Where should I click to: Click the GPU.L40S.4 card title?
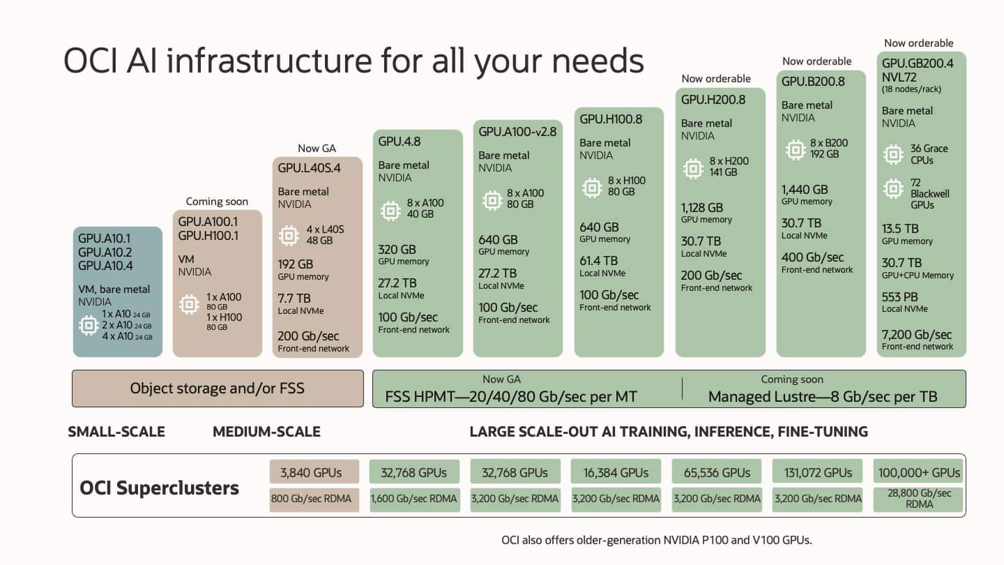coord(309,168)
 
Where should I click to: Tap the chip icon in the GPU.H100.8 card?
coord(592,186)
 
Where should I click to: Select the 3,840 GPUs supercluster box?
coord(314,472)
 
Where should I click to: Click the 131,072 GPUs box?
coord(818,472)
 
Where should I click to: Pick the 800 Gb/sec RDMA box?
coord(314,499)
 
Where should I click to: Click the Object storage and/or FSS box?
coord(218,389)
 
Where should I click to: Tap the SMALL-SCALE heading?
coord(116,432)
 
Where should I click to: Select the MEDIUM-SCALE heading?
coord(266,432)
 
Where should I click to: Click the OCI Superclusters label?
coord(160,488)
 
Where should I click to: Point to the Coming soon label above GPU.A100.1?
coord(217,202)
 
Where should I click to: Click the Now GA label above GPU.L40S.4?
coord(317,148)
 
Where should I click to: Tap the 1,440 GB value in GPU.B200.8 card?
coord(805,189)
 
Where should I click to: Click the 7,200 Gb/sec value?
coord(917,334)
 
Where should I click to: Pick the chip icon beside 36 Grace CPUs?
coord(893,154)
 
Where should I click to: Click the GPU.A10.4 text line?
coord(105,266)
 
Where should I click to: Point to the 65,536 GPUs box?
coord(717,472)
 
